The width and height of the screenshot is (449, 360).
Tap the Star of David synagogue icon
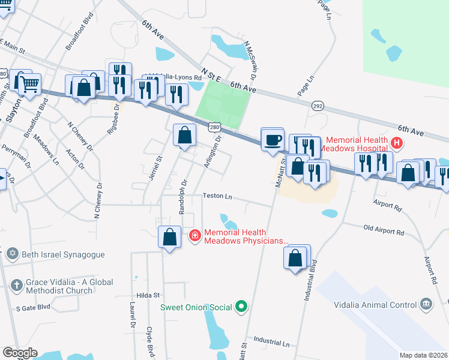pyautogui.click(x=12, y=254)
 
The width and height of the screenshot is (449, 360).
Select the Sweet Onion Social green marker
pyautogui.click(x=242, y=307)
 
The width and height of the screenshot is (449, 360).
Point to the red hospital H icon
pyautogui.click(x=396, y=143)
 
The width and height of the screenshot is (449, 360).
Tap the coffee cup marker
pyautogui.click(x=273, y=139)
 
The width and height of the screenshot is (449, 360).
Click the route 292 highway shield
pyautogui.click(x=318, y=106)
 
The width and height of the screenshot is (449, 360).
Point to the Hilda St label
pyautogui.click(x=148, y=295)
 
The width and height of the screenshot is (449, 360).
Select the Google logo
pyautogui.click(x=20, y=353)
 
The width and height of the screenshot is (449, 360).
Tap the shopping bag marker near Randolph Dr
pyautogui.click(x=185, y=136)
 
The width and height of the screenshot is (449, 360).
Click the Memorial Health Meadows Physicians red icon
pyautogui.click(x=195, y=236)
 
